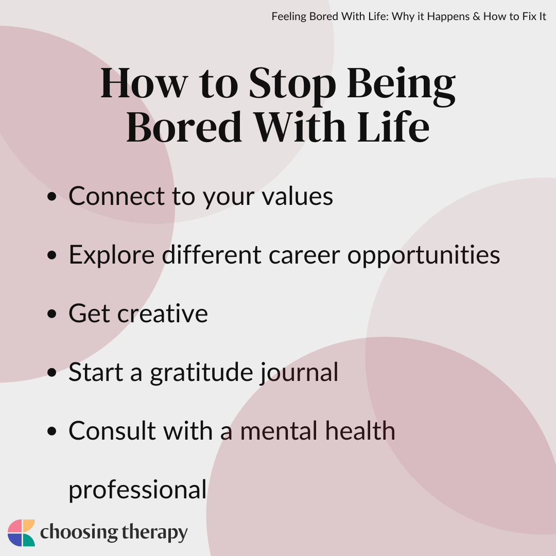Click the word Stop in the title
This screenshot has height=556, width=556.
pos(292,84)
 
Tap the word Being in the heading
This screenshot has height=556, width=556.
pos(401,85)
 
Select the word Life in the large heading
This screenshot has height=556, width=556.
pos(393,127)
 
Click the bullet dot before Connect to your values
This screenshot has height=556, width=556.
pos(52,197)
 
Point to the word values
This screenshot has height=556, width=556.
pos(297,196)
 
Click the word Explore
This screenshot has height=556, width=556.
pos(112,255)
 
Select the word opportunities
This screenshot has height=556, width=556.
pos(423,255)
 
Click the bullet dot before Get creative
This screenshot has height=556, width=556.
pos(52,314)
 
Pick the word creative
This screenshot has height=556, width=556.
pos(162,314)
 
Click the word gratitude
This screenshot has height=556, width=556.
pos(201,373)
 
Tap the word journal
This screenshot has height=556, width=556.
pos(299,373)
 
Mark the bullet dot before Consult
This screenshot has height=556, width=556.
pos(52,431)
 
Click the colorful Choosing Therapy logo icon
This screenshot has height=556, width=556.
pos(21,533)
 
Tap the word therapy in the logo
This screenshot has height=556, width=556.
pos(154,533)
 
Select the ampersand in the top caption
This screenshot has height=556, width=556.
pos(476,16)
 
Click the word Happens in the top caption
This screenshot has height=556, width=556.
pos(448,17)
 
